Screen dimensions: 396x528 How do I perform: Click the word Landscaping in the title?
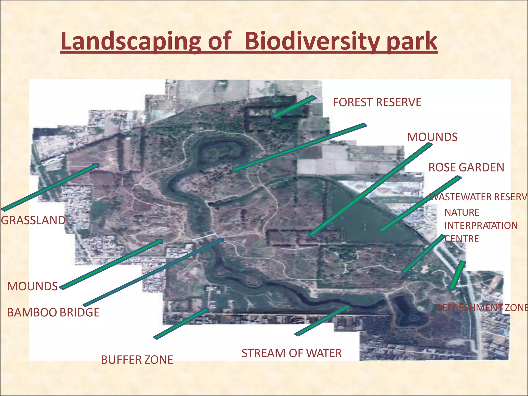(x=130, y=41)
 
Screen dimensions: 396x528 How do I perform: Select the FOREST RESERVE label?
(x=377, y=102)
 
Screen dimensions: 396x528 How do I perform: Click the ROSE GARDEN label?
(x=466, y=168)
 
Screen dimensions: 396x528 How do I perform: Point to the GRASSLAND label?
(x=33, y=220)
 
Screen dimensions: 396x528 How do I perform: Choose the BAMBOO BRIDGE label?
(x=53, y=312)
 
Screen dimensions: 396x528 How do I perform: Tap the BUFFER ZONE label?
(x=137, y=360)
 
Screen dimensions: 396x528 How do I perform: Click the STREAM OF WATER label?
(x=291, y=353)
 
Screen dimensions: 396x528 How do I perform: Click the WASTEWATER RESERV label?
(x=478, y=197)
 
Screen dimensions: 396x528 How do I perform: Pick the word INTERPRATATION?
(x=481, y=226)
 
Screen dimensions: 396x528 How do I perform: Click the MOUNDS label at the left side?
(x=32, y=286)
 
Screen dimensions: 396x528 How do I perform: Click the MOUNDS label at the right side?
(x=432, y=137)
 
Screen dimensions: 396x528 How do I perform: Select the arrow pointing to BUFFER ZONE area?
(x=180, y=324)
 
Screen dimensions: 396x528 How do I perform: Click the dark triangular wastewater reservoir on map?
(x=366, y=219)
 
